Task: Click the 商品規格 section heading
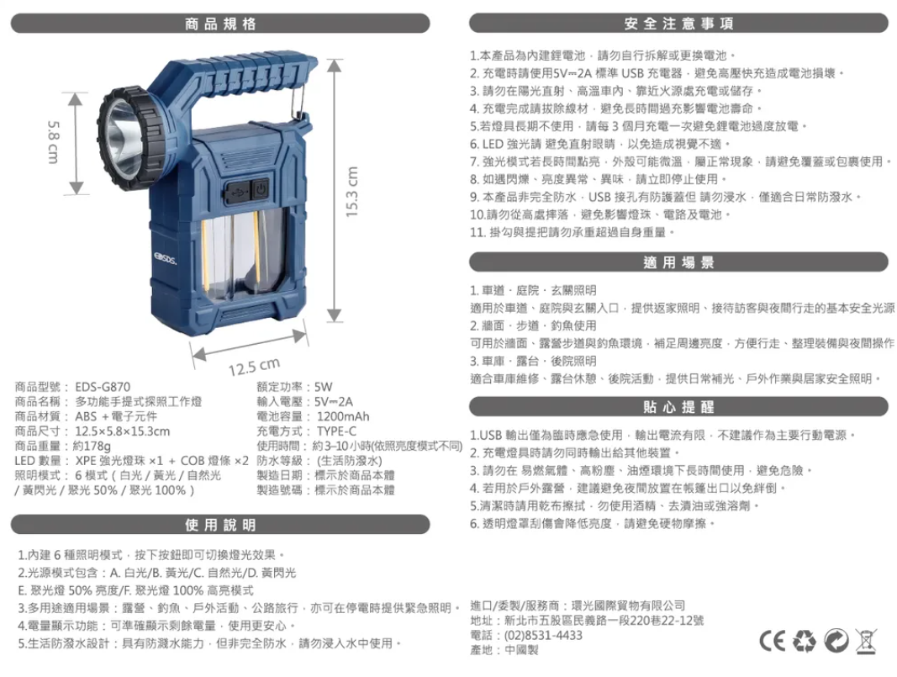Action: coord(220,24)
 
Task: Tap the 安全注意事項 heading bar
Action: coord(678,24)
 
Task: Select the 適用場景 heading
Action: coord(678,262)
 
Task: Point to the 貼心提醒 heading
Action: coord(678,407)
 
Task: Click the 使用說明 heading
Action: coord(220,525)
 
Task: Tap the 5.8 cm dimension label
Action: coord(53,142)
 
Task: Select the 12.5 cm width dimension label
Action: coord(255,367)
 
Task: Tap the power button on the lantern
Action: coord(261,189)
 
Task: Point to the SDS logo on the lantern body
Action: coord(165,259)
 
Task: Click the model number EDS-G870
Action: coord(103,387)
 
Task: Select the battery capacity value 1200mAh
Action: coord(343,416)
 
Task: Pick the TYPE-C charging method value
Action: coord(336,431)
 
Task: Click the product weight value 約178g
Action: coord(92,447)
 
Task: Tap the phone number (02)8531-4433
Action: coord(543,635)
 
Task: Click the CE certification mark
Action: coord(773,641)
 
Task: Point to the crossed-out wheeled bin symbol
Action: coord(866,641)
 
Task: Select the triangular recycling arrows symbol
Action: coord(804,641)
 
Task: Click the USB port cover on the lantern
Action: coord(236,192)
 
